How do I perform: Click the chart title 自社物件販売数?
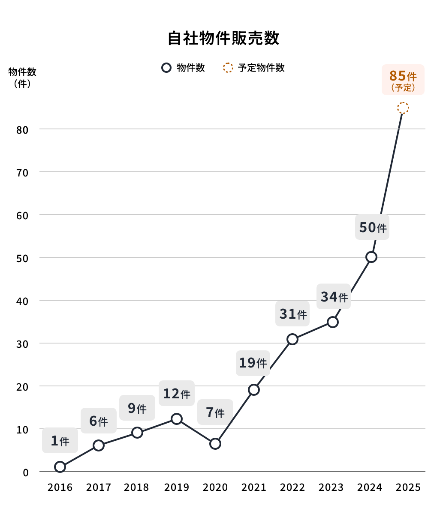223,38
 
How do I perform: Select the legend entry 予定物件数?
261,68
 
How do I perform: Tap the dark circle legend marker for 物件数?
166,68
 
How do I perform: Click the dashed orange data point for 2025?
403,108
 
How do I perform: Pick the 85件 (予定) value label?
403,80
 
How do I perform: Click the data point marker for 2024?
371,257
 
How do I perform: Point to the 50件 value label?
372,227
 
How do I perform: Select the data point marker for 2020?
215,444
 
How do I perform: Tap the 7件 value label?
215,412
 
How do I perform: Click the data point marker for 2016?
60,467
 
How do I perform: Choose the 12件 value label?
177,393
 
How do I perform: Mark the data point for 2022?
292,339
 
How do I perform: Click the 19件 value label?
253,363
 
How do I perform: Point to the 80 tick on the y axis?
22,130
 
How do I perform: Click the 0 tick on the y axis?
26,472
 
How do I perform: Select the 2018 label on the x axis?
136,487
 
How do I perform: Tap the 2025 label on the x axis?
408,487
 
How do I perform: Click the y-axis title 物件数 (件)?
22,78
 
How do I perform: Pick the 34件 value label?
334,296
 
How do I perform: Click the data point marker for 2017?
99,445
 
